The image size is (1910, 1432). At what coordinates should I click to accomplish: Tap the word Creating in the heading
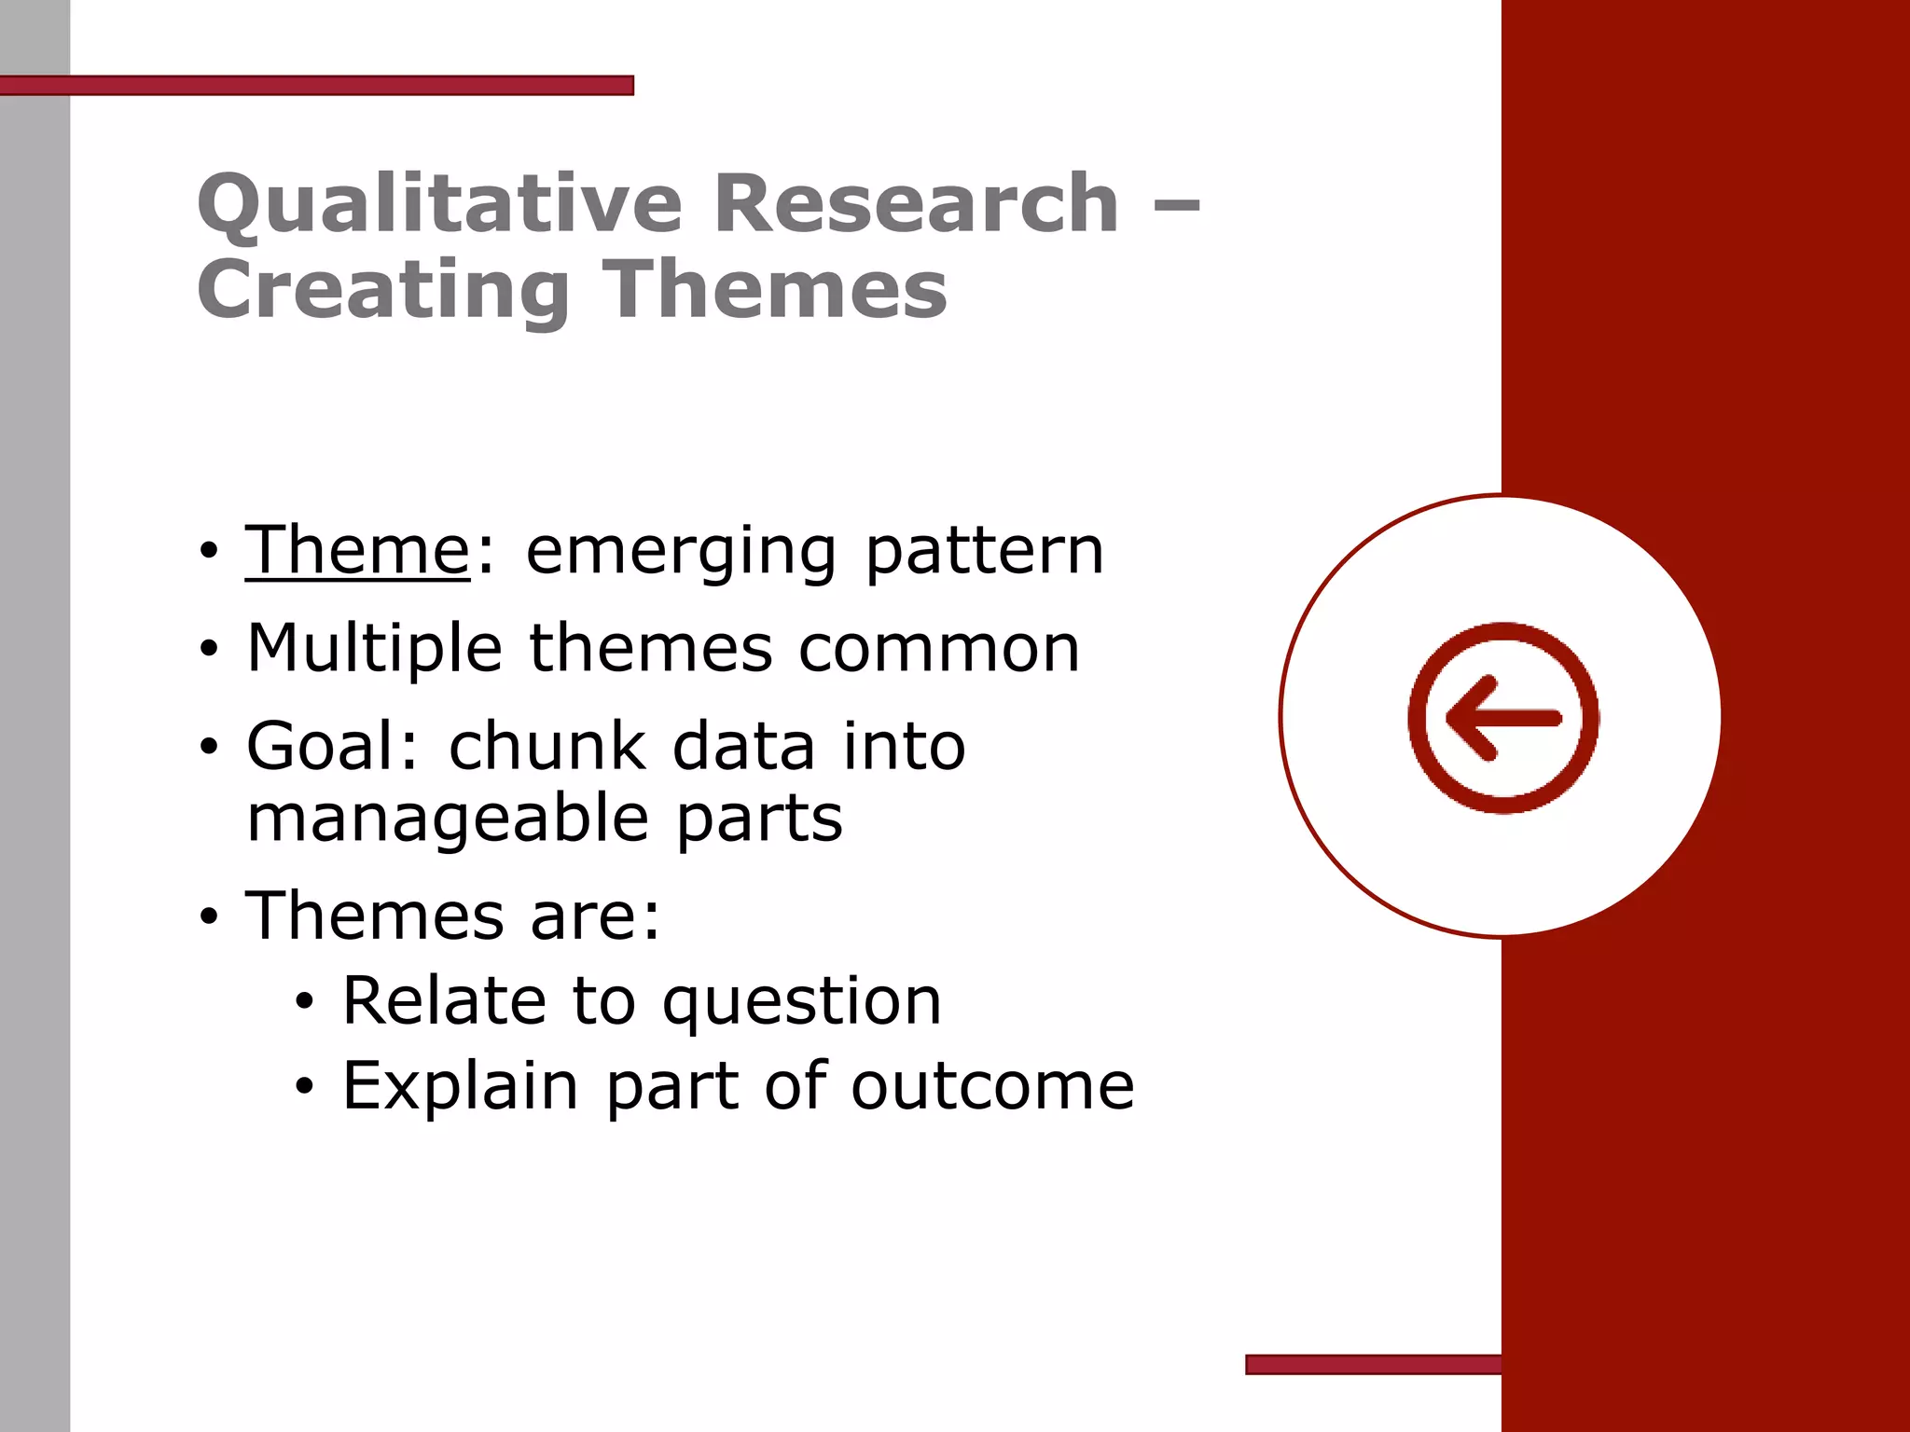(383, 290)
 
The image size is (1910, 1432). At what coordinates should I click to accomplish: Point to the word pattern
(985, 552)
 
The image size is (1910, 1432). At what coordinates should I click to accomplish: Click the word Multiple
(375, 650)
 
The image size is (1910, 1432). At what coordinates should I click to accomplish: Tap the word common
(939, 650)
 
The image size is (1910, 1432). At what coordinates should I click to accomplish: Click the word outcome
(992, 1087)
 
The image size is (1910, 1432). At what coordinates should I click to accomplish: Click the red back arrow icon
(1503, 718)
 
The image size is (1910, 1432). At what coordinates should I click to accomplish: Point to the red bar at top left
(317, 86)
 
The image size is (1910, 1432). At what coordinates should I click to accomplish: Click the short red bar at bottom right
(1373, 1365)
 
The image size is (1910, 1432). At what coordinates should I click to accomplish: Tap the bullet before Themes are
(209, 917)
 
